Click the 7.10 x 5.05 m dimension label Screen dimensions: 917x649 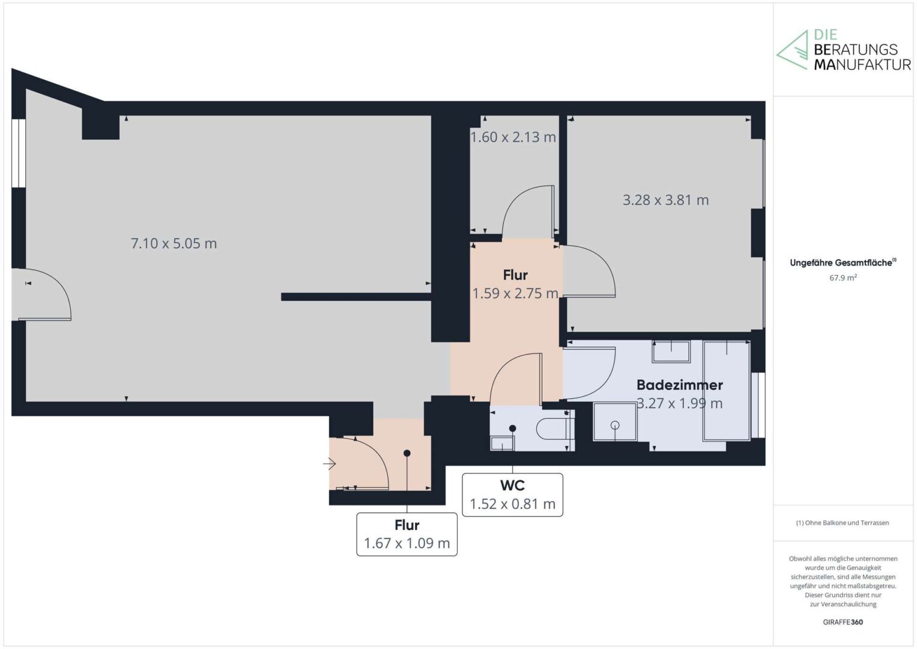174,243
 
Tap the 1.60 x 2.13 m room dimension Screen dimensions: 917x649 513,137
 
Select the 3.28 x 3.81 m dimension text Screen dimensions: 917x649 665,200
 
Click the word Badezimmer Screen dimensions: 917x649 680,385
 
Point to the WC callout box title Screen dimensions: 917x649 512,486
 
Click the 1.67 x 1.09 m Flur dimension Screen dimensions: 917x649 407,543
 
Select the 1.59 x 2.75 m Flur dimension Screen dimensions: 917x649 515,293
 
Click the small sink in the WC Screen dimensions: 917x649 502,443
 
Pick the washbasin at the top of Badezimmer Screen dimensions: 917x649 671,351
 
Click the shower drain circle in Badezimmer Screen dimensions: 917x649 615,425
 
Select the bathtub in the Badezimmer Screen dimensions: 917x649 727,391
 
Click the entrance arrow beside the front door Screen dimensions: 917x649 330,464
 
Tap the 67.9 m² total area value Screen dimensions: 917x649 843,278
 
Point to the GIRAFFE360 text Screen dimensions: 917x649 843,622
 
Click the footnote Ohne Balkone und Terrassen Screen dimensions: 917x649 843,522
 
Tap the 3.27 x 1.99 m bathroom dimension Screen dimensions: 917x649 680,403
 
